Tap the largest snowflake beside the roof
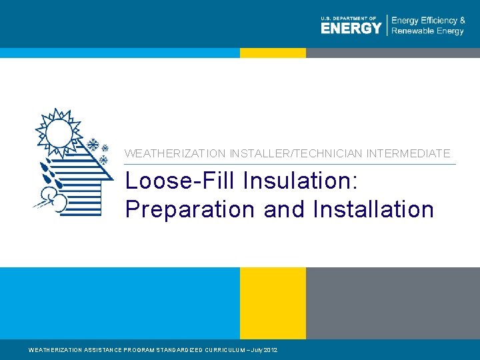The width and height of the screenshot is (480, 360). [x=93, y=145]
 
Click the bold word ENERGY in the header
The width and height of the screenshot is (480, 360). [x=351, y=28]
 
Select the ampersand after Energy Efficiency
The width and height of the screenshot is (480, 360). [x=462, y=21]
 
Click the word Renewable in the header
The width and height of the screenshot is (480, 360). [x=413, y=31]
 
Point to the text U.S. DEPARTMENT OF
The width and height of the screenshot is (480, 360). [x=349, y=18]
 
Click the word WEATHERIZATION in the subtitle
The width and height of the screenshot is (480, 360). [x=175, y=153]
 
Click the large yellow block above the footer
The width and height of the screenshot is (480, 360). [x=273, y=303]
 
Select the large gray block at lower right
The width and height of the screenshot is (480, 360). [x=393, y=303]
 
